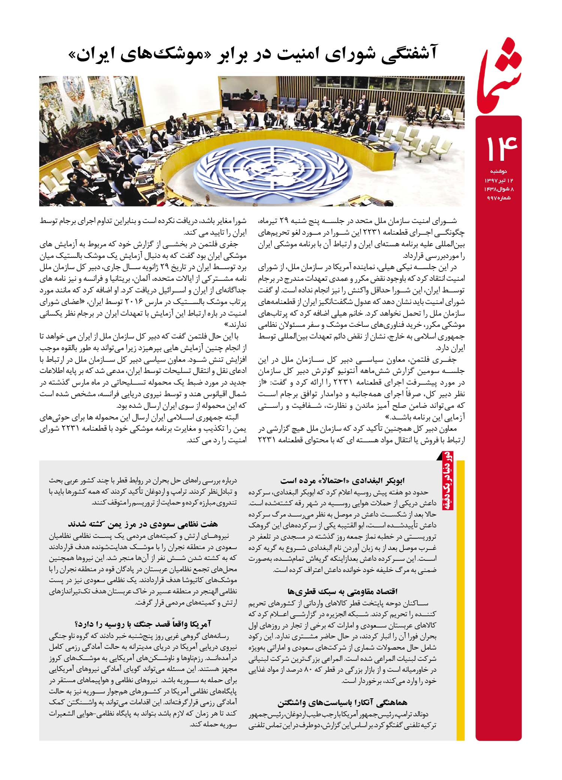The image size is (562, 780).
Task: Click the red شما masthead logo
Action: (x=500, y=69)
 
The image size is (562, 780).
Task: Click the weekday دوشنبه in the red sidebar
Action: (x=498, y=171)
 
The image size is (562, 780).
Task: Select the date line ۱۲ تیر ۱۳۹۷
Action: (x=496, y=180)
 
